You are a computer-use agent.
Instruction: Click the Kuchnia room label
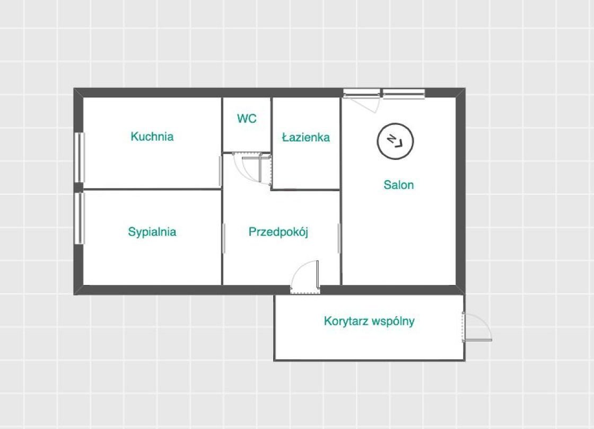(x=152, y=136)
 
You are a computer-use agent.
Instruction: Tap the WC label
(x=247, y=119)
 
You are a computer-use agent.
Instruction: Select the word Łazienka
(x=305, y=137)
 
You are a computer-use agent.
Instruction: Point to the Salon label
(x=398, y=185)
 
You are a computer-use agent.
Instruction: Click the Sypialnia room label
(x=152, y=231)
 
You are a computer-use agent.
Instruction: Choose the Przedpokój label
(x=278, y=231)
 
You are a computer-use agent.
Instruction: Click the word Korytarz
(x=346, y=321)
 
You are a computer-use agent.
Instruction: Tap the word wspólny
(x=393, y=321)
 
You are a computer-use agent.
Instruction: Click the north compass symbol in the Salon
(x=395, y=141)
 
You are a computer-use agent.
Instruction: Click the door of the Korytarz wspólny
(x=477, y=327)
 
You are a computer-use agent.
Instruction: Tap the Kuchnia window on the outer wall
(x=80, y=157)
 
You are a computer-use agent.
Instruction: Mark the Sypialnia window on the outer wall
(x=80, y=218)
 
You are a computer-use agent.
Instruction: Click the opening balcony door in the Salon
(x=361, y=100)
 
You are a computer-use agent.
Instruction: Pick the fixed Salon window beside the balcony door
(x=404, y=93)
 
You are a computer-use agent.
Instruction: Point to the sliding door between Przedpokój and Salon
(x=339, y=238)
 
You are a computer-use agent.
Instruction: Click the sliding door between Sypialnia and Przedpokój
(x=224, y=238)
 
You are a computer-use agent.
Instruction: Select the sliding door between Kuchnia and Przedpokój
(x=221, y=171)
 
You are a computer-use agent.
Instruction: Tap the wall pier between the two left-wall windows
(x=79, y=187)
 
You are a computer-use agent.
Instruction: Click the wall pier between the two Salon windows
(x=381, y=93)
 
